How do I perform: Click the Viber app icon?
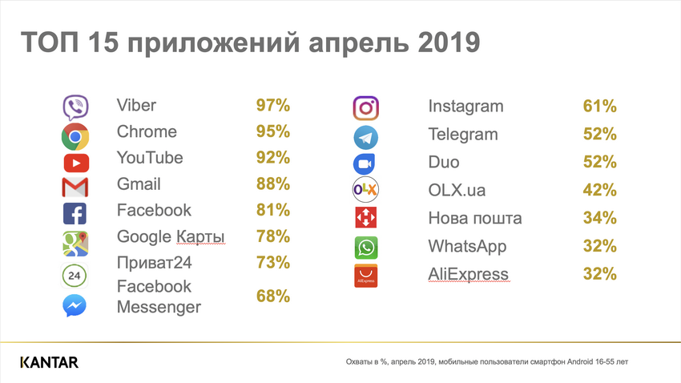tap(75, 107)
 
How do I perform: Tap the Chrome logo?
tap(75, 136)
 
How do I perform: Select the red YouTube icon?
tap(75, 163)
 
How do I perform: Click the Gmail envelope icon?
tap(75, 188)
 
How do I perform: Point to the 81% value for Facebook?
tap(273, 210)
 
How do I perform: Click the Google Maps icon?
tap(75, 241)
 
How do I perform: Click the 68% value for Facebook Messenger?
tap(273, 296)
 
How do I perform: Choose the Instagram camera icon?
tap(365, 107)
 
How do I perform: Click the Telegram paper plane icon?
tap(365, 137)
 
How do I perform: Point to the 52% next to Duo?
tap(600, 162)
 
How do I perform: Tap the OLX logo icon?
tap(365, 190)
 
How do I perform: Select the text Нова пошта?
tap(475, 218)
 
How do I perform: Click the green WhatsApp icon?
tap(365, 247)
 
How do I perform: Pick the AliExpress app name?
tap(468, 274)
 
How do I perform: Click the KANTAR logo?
tap(49, 363)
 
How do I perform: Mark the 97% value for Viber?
tap(273, 106)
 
